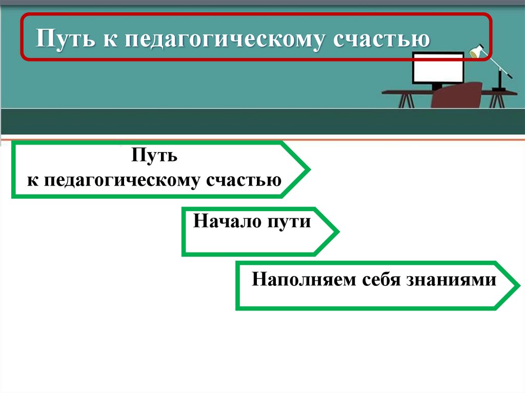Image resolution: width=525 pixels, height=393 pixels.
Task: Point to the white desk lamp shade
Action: (x=478, y=52)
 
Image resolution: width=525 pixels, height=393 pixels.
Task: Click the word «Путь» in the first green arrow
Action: (x=154, y=155)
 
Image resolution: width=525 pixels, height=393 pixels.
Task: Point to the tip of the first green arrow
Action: (x=308, y=169)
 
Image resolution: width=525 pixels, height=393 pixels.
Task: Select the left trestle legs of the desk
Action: (x=406, y=100)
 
